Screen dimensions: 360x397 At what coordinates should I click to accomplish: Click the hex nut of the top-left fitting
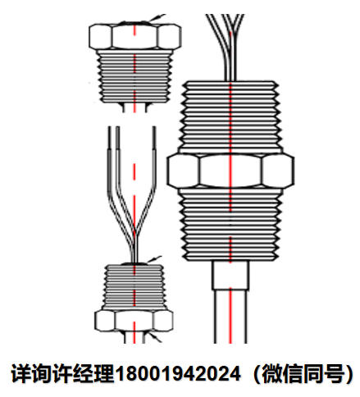point(134,37)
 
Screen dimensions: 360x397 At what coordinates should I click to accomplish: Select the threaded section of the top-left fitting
point(134,76)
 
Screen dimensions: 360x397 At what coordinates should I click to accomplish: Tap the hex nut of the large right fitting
point(230,171)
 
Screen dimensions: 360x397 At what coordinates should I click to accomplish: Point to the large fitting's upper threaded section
point(230,116)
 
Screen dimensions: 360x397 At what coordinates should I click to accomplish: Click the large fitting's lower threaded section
point(230,224)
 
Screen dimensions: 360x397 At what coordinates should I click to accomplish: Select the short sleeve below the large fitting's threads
point(230,275)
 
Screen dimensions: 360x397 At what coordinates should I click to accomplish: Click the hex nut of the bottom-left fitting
point(134,321)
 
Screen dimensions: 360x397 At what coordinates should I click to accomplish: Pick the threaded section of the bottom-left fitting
point(134,287)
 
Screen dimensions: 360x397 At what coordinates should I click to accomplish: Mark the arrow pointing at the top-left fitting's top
point(157,18)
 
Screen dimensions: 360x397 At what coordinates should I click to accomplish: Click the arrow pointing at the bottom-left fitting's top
point(154,259)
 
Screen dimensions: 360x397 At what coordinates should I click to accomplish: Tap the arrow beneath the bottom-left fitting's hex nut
point(155,338)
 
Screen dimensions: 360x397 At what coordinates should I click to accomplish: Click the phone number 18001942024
point(178,373)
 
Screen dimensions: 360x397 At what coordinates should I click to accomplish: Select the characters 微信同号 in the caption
point(303,373)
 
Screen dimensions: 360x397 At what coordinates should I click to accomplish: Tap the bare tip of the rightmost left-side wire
point(154,138)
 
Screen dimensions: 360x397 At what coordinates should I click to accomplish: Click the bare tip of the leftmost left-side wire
point(110,138)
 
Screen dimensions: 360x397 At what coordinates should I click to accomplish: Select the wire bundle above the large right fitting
point(227,47)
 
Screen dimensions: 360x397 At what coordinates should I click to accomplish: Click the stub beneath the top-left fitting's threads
point(134,107)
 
